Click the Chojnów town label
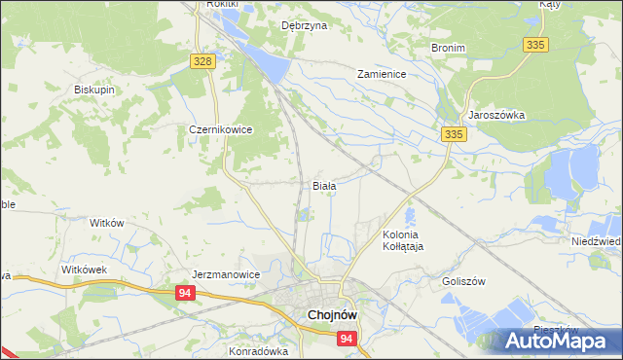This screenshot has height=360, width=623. (336, 315)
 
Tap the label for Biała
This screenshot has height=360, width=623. (324, 185)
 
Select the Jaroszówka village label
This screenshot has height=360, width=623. (496, 115)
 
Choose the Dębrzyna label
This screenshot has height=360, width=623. (303, 26)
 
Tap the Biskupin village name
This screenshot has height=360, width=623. (94, 90)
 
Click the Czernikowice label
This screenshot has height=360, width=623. (221, 128)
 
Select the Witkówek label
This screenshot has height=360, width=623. (83, 269)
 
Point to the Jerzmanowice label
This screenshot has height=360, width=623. (226, 274)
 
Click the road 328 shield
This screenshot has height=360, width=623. (202, 61)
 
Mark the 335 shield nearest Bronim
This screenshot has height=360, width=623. (535, 45)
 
